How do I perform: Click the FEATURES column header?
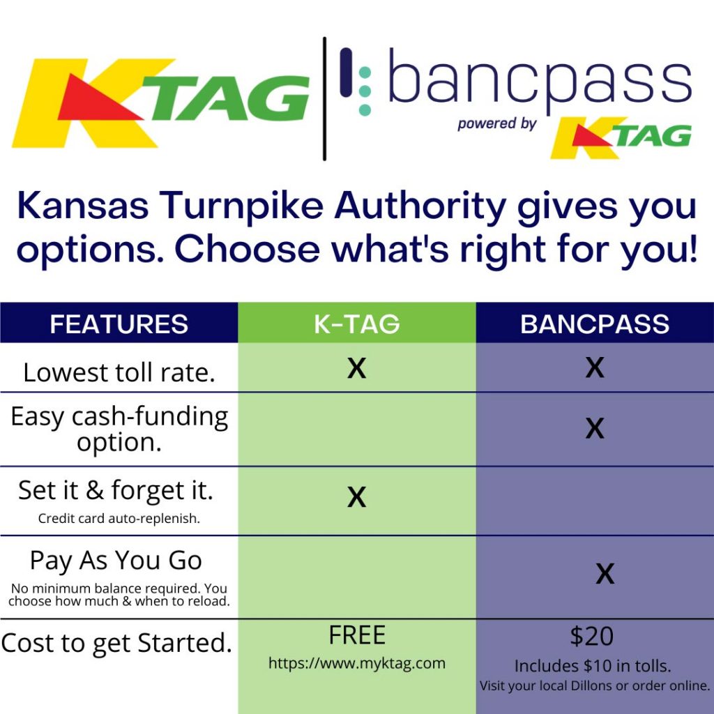click(119, 324)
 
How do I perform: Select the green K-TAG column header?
click(356, 324)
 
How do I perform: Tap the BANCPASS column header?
click(595, 324)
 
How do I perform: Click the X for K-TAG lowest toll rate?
click(356, 368)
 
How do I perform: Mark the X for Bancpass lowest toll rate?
click(595, 367)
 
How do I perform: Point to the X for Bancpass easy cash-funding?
click(595, 429)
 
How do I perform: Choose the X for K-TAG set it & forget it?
click(356, 496)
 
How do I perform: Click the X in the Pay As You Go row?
click(605, 574)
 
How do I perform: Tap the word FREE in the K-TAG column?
click(357, 635)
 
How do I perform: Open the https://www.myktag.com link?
click(356, 664)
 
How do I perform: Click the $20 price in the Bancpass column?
click(591, 636)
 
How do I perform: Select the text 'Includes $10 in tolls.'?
click(593, 666)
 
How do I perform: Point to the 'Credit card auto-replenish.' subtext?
click(119, 518)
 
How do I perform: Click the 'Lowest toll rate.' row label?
click(119, 372)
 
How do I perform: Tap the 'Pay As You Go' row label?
click(116, 561)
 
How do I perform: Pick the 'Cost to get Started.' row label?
click(116, 644)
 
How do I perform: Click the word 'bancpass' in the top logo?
click(540, 78)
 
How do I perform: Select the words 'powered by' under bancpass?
click(496, 124)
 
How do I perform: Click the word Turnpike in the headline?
click(241, 206)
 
